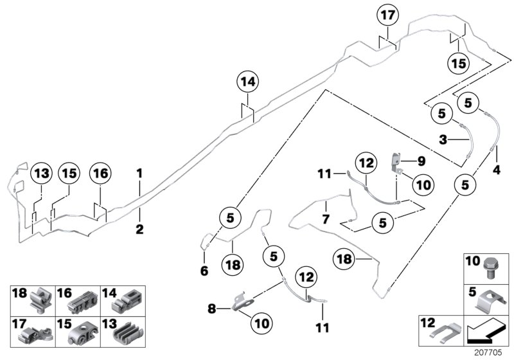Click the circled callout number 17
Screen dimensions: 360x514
pos(388,15)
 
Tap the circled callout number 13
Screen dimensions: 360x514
pos(41,173)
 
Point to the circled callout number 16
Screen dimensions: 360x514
pos(101,173)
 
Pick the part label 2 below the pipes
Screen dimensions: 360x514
pos(139,228)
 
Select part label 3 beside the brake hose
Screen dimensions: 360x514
pos(443,139)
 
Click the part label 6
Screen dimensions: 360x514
pos(204,271)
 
